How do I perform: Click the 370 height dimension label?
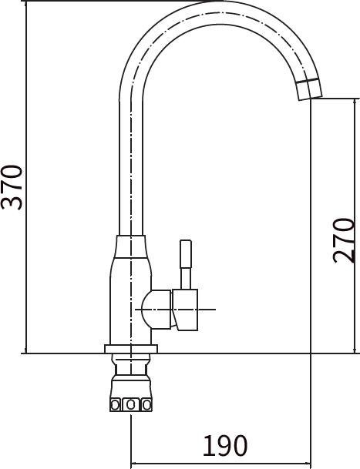click(12, 187)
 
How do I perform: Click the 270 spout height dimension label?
click(344, 240)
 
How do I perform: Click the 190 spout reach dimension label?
click(225, 445)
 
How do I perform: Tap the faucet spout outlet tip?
click(311, 98)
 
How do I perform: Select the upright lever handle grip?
click(186, 253)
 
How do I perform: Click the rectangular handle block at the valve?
click(185, 310)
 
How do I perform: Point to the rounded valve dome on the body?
click(156, 310)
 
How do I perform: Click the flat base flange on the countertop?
click(131, 349)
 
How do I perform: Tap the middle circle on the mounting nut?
click(130, 404)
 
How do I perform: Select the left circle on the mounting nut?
click(116, 404)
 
